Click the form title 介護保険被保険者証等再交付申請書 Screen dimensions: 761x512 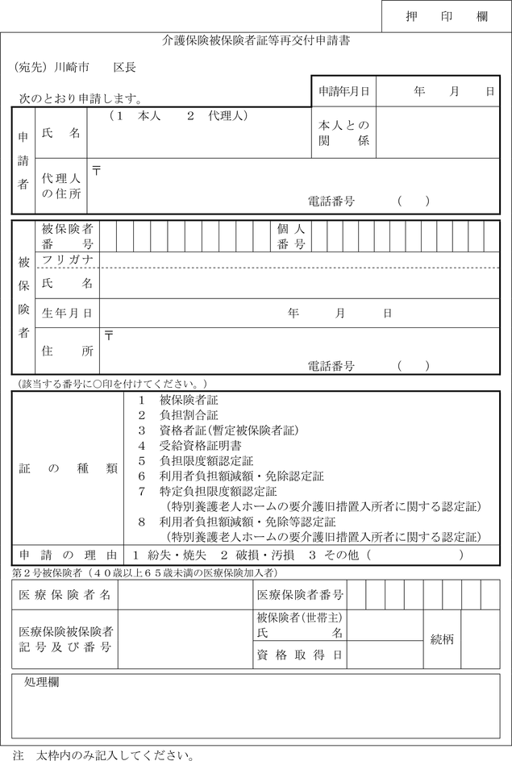(256, 40)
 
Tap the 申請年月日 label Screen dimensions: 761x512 (343, 92)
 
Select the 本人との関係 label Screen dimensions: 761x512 (343, 134)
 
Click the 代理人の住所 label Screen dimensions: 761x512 (61, 186)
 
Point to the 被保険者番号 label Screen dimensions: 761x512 (67, 236)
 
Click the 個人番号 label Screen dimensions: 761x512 (290, 236)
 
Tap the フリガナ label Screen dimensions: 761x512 (67, 260)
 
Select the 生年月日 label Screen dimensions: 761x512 (67, 313)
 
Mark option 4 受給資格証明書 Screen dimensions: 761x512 (189, 446)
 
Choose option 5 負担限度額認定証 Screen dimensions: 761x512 (194, 461)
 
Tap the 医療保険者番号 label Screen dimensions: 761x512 (300, 595)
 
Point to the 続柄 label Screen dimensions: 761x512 (442, 639)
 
